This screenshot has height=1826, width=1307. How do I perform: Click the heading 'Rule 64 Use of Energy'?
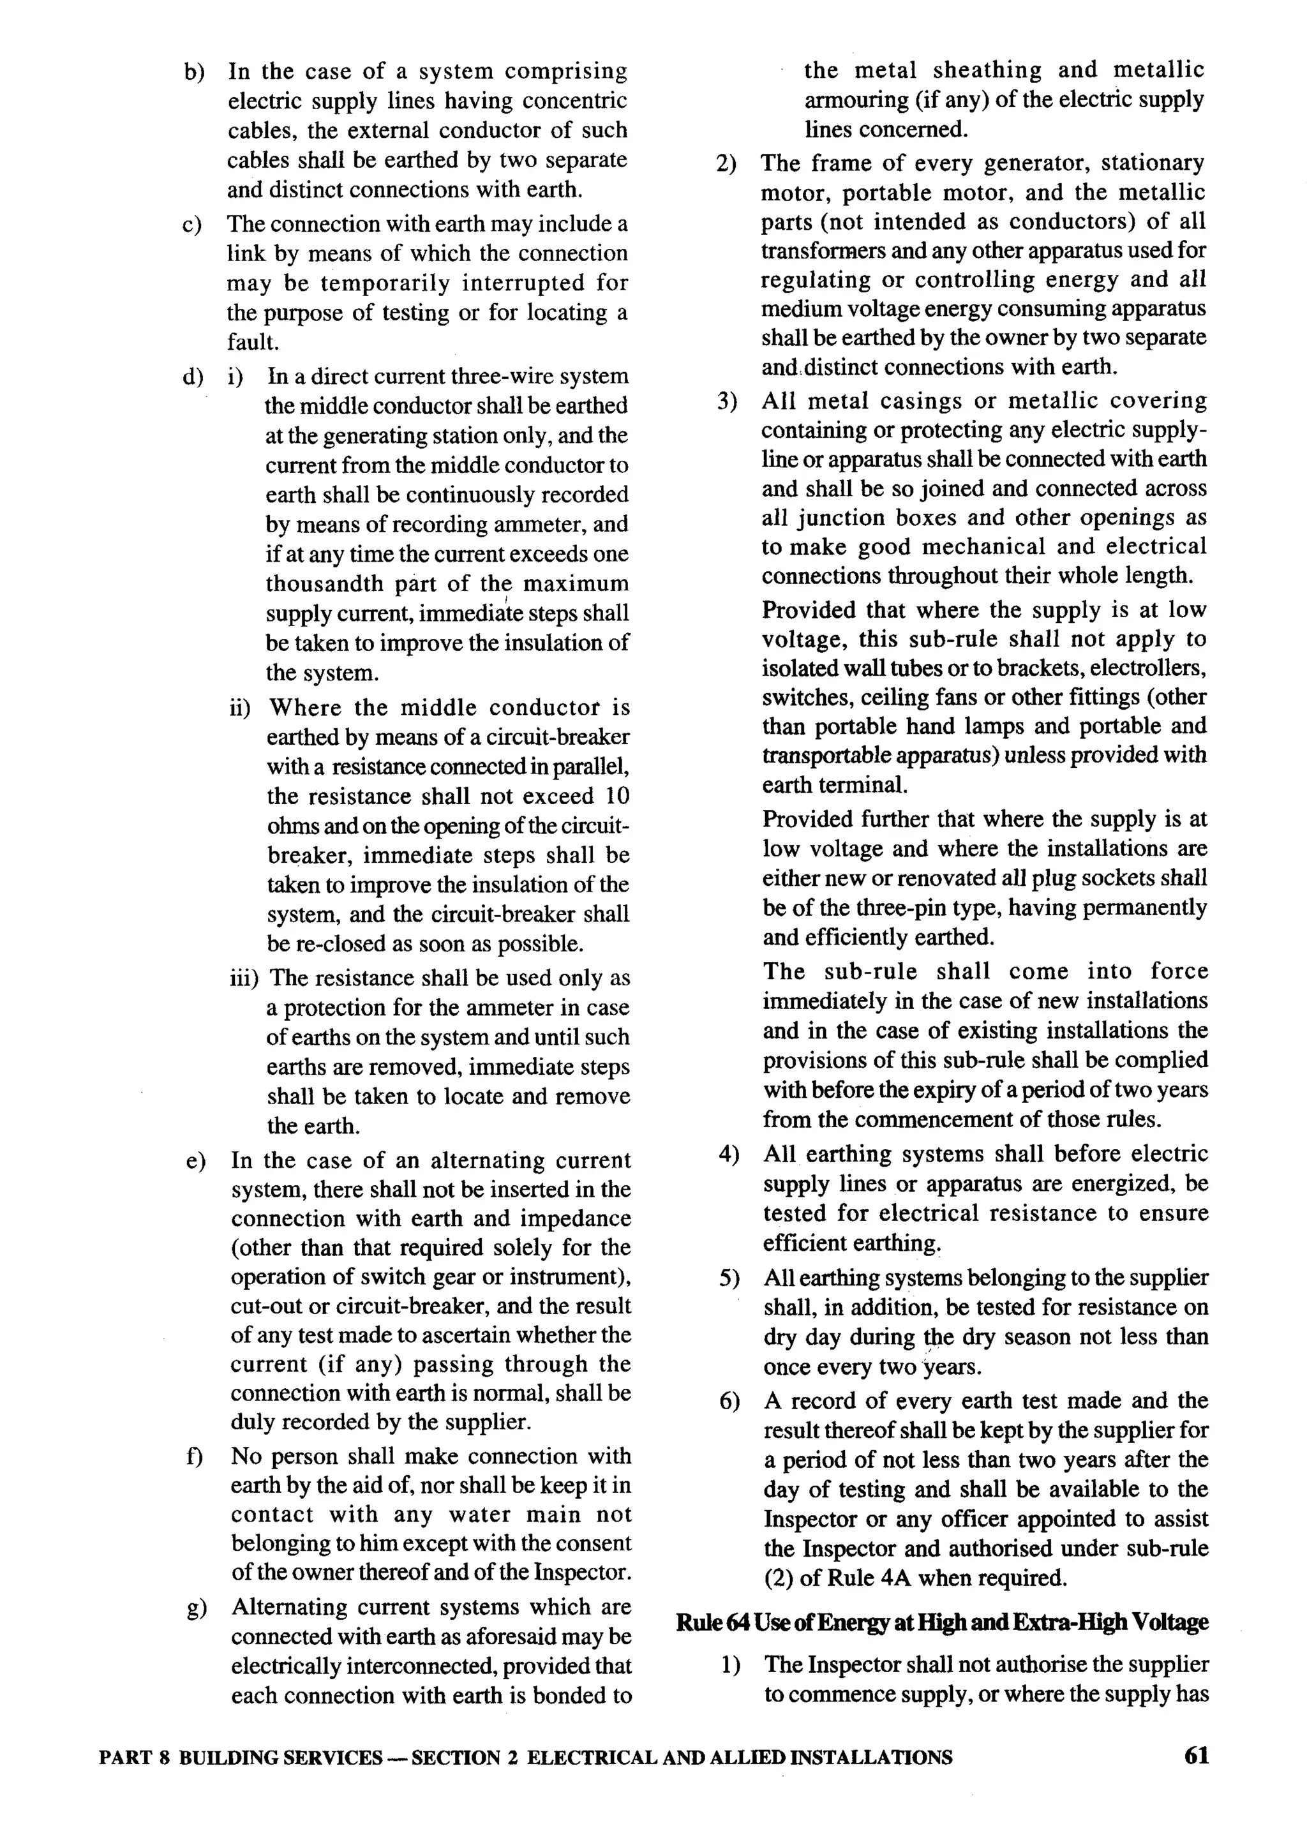(941, 1622)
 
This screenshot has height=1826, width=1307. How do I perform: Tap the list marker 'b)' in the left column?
(194, 72)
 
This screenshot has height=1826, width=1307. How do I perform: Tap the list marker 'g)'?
(195, 1608)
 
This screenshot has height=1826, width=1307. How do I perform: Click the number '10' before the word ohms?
(616, 797)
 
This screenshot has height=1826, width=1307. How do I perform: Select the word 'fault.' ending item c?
(253, 343)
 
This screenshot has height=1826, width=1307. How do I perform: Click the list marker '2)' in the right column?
(727, 164)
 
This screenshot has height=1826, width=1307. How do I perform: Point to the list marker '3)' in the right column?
(727, 401)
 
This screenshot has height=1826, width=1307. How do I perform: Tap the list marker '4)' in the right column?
(728, 1155)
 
